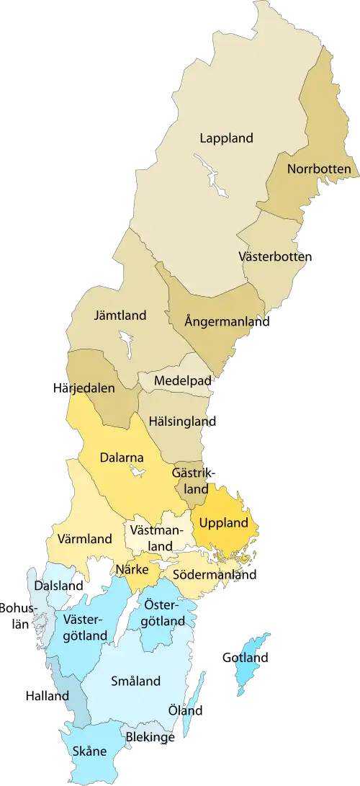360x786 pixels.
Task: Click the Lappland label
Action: pos(227,138)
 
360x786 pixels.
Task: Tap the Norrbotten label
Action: pos(318,170)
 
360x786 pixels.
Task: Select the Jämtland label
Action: pos(120,315)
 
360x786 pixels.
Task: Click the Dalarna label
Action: pos(122,457)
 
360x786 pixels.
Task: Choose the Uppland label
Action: pos(223,522)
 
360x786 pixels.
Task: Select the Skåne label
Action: pos(89,751)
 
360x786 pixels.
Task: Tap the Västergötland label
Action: pos(85,628)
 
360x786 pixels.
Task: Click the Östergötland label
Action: pos(164,612)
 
